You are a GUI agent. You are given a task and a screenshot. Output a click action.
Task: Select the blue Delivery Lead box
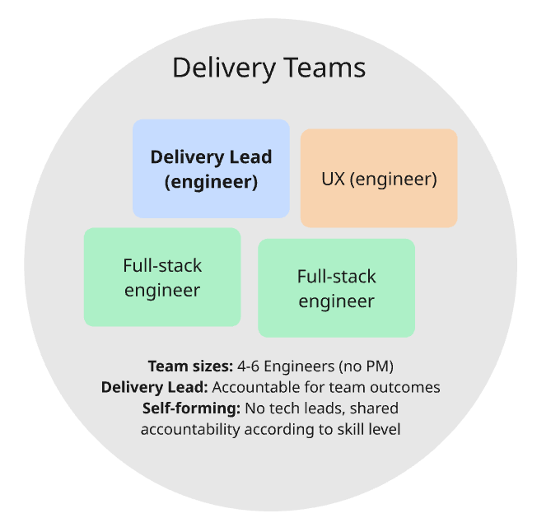coord(211,169)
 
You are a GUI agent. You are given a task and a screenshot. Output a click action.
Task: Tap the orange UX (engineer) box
coord(379,178)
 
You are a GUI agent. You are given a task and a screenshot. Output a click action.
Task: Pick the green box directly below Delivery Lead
coord(162,278)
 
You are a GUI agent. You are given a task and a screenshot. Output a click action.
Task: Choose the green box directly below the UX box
coord(336,288)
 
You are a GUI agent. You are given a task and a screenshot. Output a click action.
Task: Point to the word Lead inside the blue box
coord(251,157)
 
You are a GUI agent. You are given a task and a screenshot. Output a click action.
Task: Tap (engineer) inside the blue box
coord(211,182)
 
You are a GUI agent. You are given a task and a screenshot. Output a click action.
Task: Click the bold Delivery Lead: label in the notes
coord(155,387)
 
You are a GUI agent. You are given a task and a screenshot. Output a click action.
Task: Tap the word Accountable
coord(254,387)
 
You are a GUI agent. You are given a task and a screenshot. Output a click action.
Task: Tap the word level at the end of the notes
coord(381,429)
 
